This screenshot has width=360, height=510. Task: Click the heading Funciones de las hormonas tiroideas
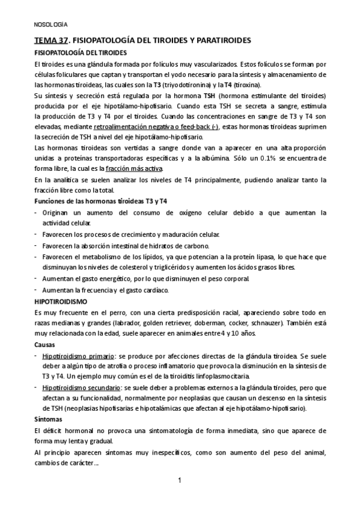click(x=88, y=201)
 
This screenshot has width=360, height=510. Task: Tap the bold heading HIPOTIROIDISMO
click(x=61, y=301)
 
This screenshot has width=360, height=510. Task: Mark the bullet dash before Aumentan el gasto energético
click(x=37, y=278)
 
